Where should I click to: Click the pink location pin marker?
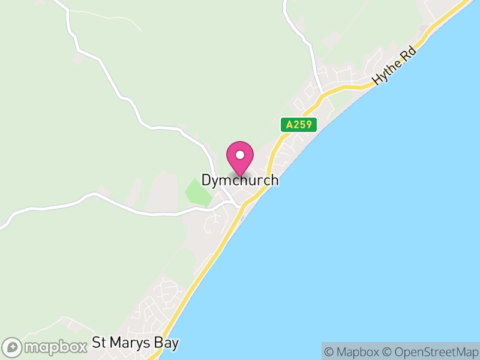click(240, 157)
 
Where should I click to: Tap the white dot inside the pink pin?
click(240, 155)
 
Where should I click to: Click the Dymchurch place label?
click(240, 180)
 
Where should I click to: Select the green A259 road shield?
click(298, 125)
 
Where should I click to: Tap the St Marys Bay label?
click(136, 344)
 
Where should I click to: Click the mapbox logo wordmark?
click(55, 347)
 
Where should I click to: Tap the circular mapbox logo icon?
click(13, 347)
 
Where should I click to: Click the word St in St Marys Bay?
click(99, 344)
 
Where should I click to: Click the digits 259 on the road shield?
click(302, 125)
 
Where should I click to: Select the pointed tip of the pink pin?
click(240, 176)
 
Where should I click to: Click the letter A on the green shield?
click(289, 125)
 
